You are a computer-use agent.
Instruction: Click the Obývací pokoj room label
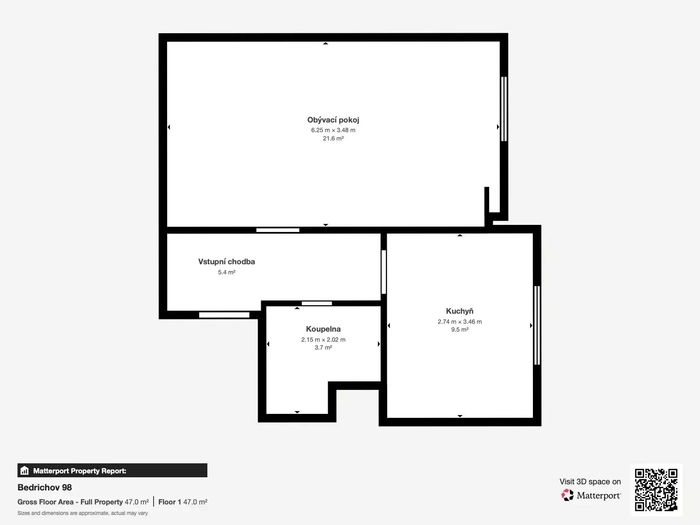click(x=333, y=120)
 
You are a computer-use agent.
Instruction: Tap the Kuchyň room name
click(x=459, y=311)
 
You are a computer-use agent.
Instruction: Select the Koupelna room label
click(x=323, y=329)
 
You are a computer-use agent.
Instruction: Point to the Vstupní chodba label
click(x=227, y=262)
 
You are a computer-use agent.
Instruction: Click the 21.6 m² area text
click(x=333, y=138)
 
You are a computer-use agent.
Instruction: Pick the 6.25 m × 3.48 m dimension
click(x=333, y=130)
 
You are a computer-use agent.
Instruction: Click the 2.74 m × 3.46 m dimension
click(x=459, y=322)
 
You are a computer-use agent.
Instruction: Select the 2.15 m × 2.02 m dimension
click(x=323, y=339)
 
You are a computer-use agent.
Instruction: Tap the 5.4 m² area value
click(x=227, y=272)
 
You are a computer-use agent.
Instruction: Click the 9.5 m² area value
click(x=459, y=329)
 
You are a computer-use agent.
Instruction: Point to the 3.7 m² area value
click(x=323, y=347)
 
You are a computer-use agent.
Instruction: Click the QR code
click(x=656, y=490)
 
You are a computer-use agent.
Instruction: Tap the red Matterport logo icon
click(x=567, y=495)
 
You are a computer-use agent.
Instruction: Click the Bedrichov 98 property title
click(x=45, y=487)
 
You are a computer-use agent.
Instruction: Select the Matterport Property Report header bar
click(x=112, y=470)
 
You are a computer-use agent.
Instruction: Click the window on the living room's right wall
click(x=504, y=108)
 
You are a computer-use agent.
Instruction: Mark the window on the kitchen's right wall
click(x=537, y=325)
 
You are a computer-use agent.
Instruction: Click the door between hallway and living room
click(x=278, y=230)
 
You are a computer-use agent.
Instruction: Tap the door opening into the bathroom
click(x=317, y=304)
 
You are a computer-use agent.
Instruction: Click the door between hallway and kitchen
click(x=384, y=272)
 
